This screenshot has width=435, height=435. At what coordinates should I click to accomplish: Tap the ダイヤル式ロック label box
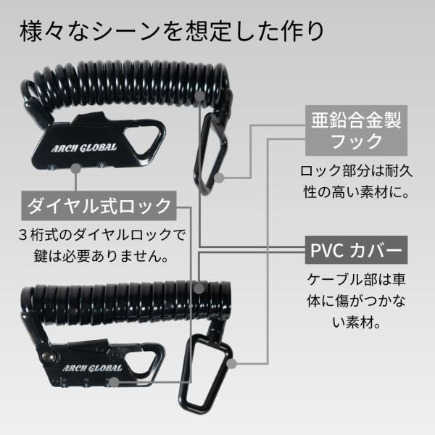[x=99, y=205]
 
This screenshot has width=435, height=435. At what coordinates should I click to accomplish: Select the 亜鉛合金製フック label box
[x=355, y=128]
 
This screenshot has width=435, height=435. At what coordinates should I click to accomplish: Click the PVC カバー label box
[x=355, y=253]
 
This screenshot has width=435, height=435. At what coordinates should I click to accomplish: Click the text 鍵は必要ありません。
[x=99, y=256]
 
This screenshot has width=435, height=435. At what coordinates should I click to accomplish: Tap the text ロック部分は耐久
[x=355, y=173]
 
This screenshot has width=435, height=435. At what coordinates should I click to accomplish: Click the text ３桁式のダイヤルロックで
[x=99, y=236]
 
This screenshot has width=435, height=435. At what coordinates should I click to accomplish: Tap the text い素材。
[x=355, y=319]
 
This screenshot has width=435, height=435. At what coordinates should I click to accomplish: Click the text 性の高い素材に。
[x=355, y=193]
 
